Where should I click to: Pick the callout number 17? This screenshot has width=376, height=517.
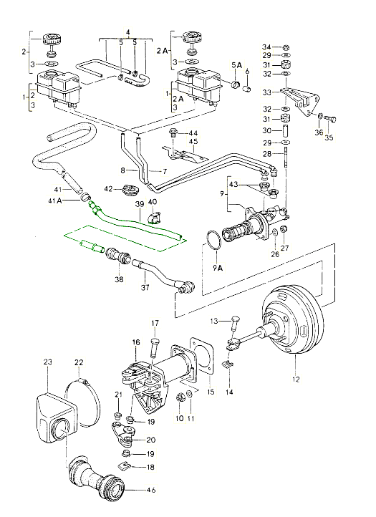coord(155,322)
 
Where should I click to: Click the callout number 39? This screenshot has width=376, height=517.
coord(140,203)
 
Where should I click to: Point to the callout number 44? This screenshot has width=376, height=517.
coord(193,134)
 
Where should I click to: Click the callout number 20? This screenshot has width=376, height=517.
coord(150,440)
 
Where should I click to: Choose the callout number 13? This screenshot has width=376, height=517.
coord(213,320)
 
